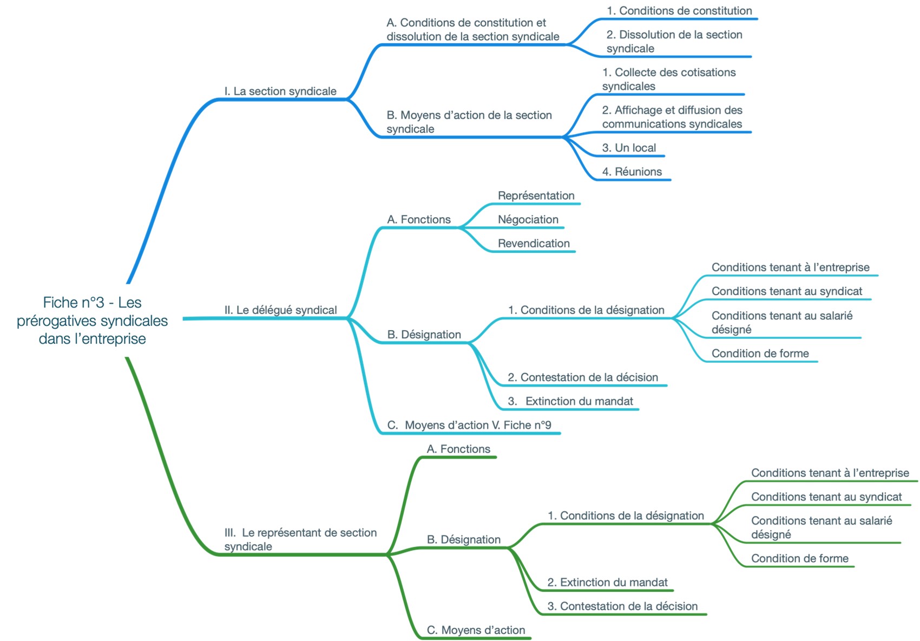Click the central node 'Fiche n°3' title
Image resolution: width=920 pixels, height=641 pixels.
pos(92,320)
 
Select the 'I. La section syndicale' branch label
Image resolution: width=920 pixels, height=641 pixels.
pos(280,91)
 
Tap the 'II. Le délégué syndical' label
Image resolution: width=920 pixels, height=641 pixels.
pos(280,310)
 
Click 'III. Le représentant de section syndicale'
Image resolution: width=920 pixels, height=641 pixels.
pos(300,539)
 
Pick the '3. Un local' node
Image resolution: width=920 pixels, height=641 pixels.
pos(629,148)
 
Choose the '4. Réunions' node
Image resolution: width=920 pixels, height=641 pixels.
pos(632,172)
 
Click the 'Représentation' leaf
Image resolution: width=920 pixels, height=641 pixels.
pos(536,195)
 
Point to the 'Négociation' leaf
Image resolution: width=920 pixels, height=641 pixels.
pos(528,219)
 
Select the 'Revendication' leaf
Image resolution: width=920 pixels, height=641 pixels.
pos(534,243)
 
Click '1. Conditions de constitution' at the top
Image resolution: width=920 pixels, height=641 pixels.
pos(679,11)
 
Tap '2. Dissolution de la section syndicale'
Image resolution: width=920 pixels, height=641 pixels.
pos(674,42)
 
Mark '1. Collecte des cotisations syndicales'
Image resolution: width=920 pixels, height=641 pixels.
pos(668,79)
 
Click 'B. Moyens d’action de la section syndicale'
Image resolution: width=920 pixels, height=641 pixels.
pos(469,122)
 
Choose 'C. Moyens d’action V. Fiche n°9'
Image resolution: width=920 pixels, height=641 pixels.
pos(469,425)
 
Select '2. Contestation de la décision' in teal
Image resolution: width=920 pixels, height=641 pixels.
pos(583,377)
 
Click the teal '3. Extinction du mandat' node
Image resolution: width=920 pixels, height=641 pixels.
pos(570,401)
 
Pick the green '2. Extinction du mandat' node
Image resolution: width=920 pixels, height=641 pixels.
pos(607,583)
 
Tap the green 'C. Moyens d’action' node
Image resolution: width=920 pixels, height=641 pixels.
pos(476,630)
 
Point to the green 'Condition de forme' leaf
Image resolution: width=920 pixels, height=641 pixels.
pos(799,559)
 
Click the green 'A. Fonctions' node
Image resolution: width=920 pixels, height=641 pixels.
pos(458,449)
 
